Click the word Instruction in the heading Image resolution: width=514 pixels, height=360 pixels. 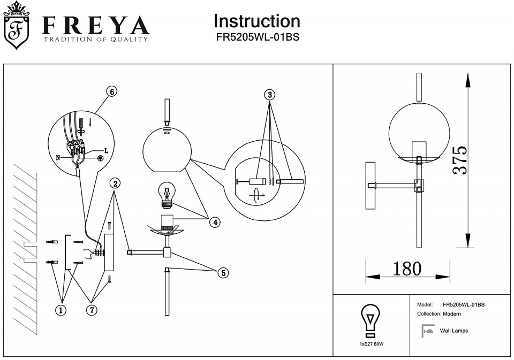[x=256, y=21]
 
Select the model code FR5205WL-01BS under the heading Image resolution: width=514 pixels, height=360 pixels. [x=256, y=38]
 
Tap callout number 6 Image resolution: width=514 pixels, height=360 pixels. [x=111, y=91]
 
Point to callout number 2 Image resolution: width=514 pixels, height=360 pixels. [x=116, y=183]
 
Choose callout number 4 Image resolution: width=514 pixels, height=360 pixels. [x=214, y=222]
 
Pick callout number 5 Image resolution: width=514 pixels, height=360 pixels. [x=223, y=273]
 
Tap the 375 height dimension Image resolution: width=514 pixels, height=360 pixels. [x=459, y=160]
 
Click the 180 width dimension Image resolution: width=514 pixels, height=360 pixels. [x=407, y=269]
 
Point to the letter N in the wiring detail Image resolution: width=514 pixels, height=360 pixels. [x=58, y=158]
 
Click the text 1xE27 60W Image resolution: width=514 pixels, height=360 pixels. [x=372, y=343]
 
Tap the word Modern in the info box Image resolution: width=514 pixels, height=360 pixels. [x=452, y=314]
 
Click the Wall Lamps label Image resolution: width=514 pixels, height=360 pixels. [x=453, y=331]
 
